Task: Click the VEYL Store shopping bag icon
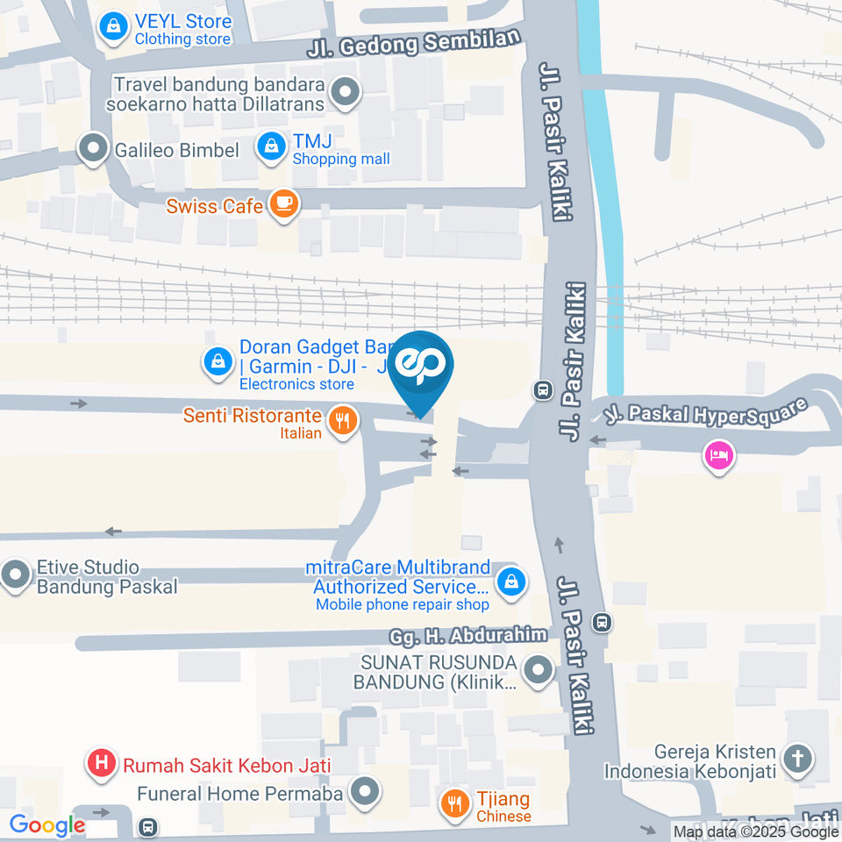[x=113, y=27]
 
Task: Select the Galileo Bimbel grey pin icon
[x=92, y=149]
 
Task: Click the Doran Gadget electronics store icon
[x=217, y=361]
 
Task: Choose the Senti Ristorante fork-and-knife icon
[x=342, y=421]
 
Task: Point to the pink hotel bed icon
[x=718, y=455]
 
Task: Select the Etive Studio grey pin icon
[x=15, y=576]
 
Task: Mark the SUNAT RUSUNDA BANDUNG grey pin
[x=537, y=672]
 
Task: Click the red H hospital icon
[x=102, y=763]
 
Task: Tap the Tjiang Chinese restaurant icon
[x=454, y=802]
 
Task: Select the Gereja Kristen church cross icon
[x=798, y=760]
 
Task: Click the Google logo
[x=46, y=825]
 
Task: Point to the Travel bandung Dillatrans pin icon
[x=346, y=93]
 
